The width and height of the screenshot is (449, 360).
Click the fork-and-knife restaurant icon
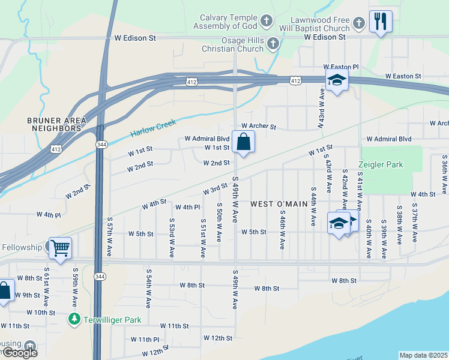[x=380, y=22]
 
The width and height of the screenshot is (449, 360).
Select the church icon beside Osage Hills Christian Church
[x=273, y=43]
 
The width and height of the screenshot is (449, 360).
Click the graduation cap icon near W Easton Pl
[x=337, y=80]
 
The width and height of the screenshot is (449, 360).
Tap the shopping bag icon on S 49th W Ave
[x=243, y=143]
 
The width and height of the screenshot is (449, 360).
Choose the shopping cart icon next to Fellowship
[x=60, y=247]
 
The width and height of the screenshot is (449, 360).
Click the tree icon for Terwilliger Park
[x=74, y=319]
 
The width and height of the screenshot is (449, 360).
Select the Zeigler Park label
[x=381, y=164]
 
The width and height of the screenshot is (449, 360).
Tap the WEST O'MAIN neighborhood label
[x=279, y=204]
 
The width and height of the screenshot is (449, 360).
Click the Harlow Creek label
[x=154, y=128]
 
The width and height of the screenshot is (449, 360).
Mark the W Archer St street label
[x=258, y=127]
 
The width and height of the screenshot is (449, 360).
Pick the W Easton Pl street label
[x=340, y=67]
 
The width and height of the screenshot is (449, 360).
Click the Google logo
[x=19, y=353]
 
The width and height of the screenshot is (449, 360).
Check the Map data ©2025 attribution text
[x=423, y=355]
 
